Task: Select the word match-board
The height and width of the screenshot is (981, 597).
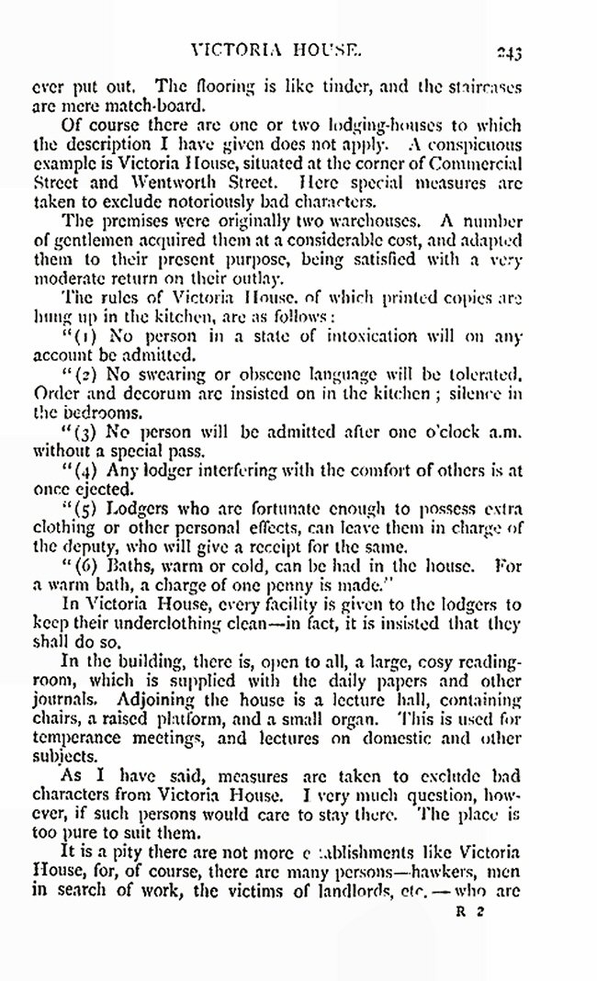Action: pyautogui.click(x=125, y=107)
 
